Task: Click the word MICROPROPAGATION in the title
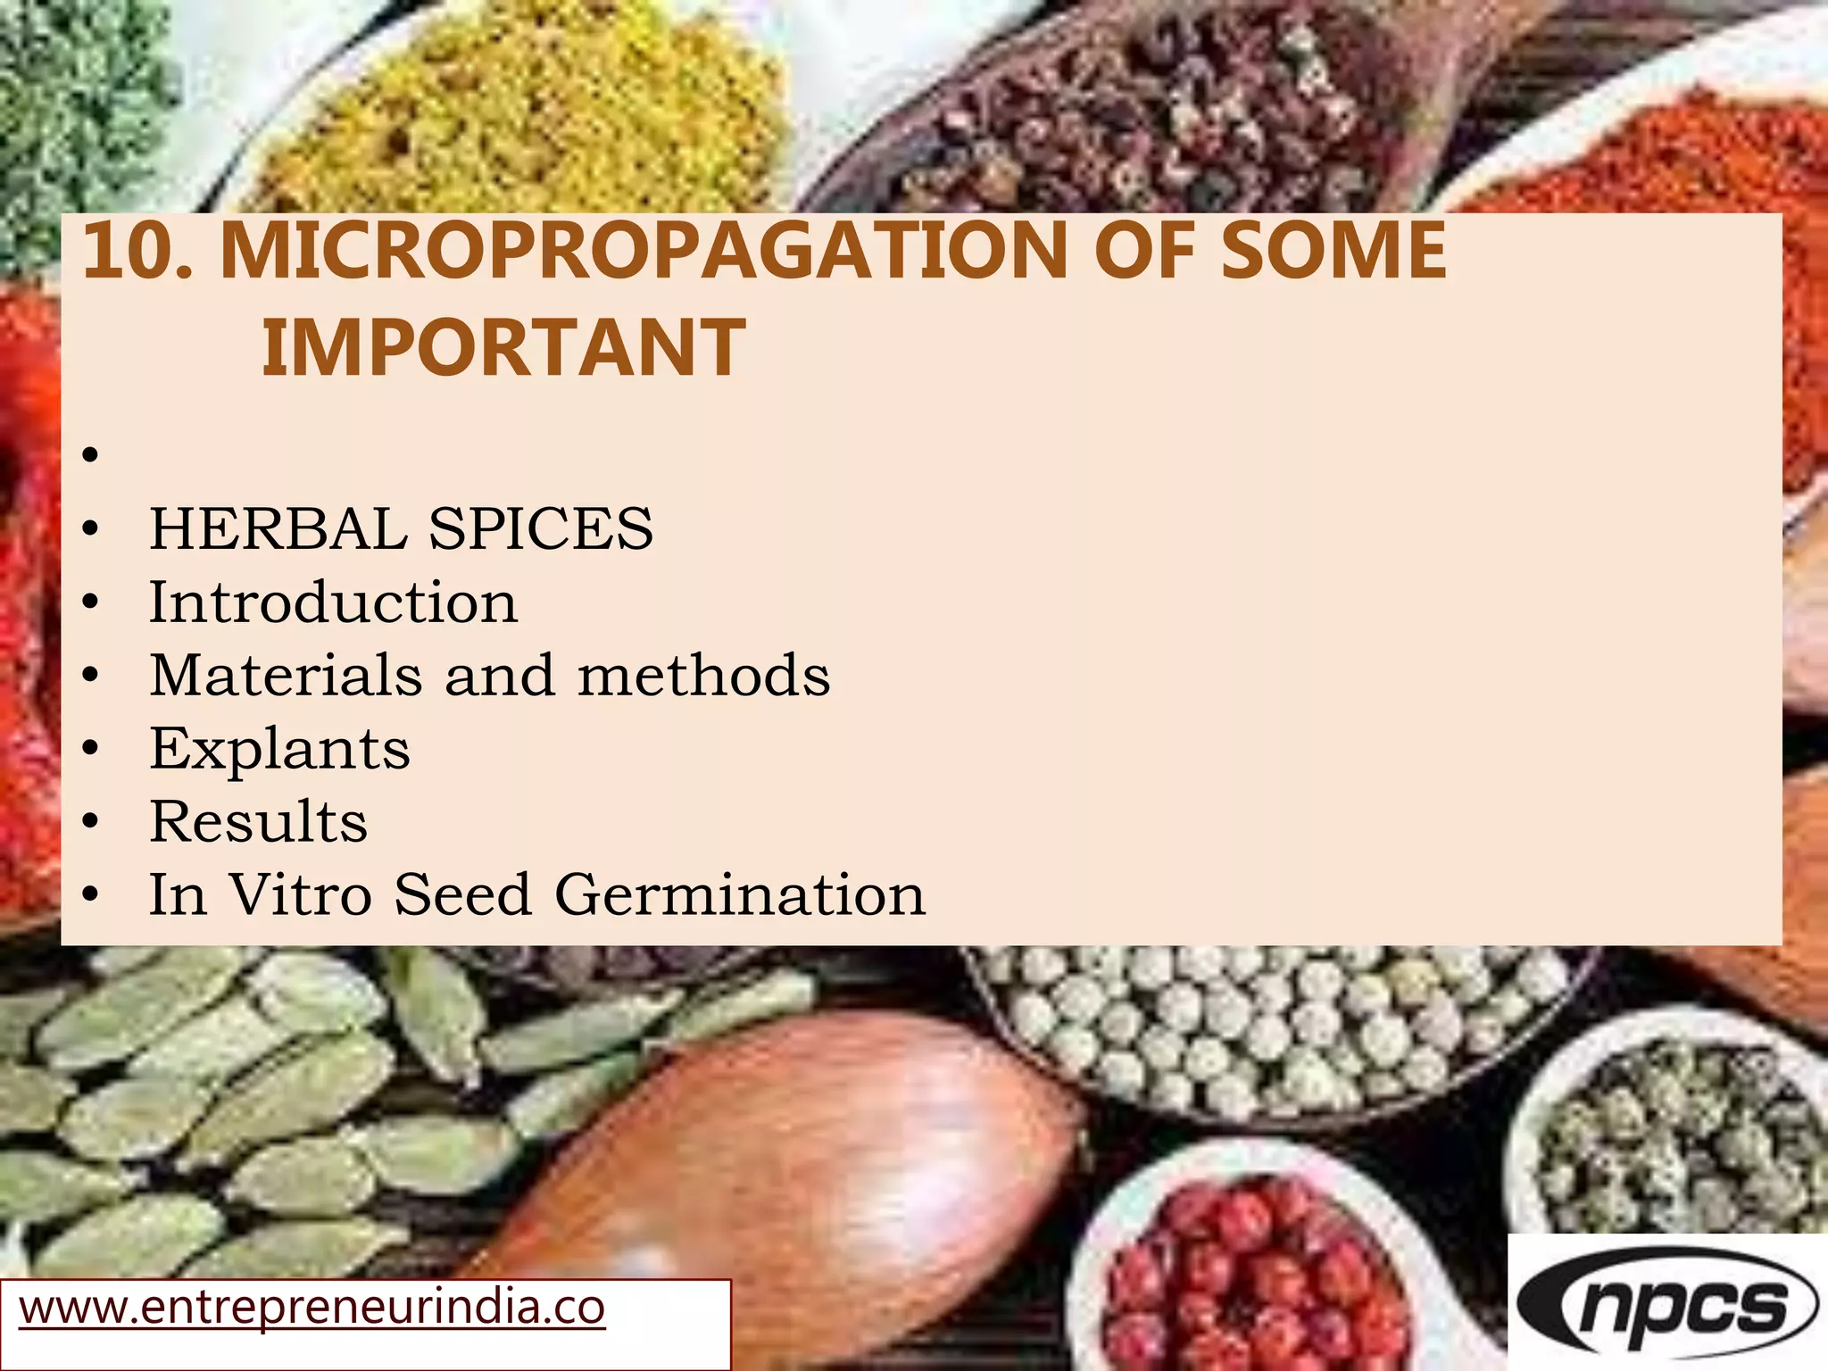(644, 251)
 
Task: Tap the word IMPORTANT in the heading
(503, 348)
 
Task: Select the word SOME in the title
(1334, 251)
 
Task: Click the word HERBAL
(278, 528)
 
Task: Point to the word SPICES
(541, 528)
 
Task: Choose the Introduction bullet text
(333, 602)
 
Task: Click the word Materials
(286, 675)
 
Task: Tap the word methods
(704, 675)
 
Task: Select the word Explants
(279, 748)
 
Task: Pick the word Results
(258, 821)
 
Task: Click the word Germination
(740, 894)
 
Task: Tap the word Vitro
(301, 894)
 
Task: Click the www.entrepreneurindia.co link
(312, 1309)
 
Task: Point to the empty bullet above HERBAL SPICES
(89, 456)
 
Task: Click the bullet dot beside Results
(89, 822)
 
